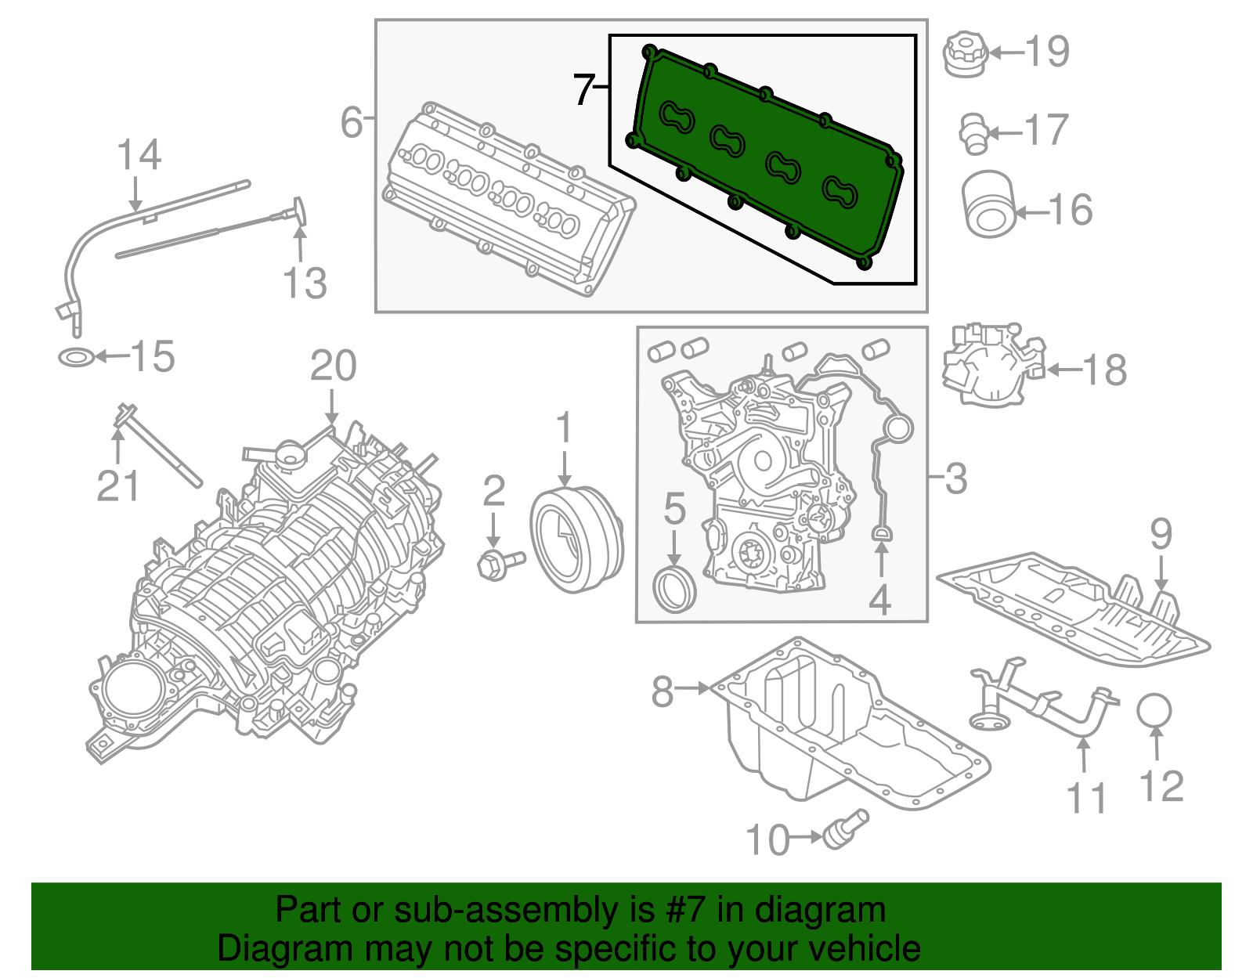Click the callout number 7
click(x=583, y=90)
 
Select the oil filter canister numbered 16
click(x=988, y=204)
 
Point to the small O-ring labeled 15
click(x=76, y=358)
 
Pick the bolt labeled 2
click(x=498, y=564)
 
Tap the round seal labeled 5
click(x=674, y=591)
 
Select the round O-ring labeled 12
click(x=1154, y=710)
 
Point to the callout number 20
click(x=334, y=366)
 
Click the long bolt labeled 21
click(x=161, y=446)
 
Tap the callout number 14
click(x=139, y=155)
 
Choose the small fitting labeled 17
click(x=973, y=133)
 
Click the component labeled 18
click(x=991, y=364)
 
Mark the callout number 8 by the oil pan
click(x=663, y=691)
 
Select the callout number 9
click(x=1161, y=534)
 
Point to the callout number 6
click(x=352, y=123)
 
